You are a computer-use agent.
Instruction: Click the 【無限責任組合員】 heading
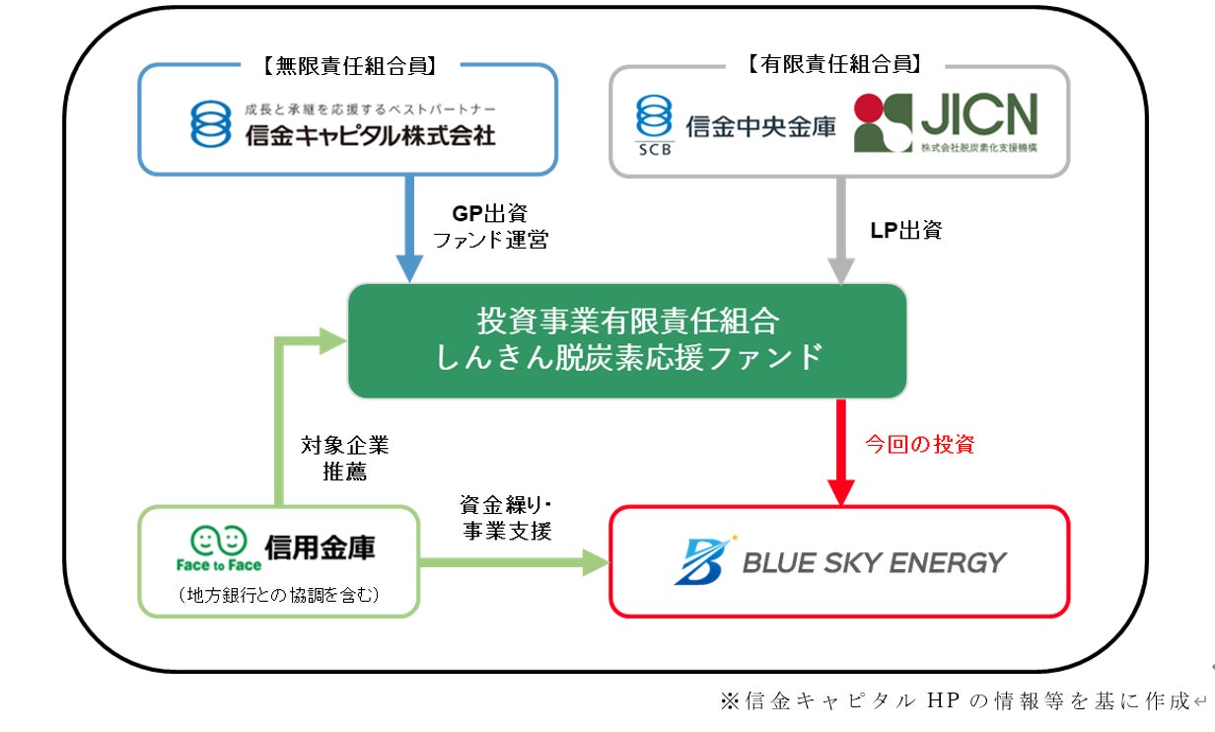[x=350, y=66]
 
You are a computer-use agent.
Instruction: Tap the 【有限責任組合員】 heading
[x=834, y=64]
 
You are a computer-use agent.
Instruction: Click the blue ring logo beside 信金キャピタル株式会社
[x=211, y=123]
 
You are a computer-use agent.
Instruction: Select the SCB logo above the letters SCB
[x=654, y=115]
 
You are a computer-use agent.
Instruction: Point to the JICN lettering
[x=979, y=114]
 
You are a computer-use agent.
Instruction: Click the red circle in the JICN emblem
[x=869, y=108]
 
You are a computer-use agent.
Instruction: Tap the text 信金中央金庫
[x=760, y=126]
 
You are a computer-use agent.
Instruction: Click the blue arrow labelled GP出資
[x=409, y=229]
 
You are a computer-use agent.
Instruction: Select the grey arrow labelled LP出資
[x=840, y=231]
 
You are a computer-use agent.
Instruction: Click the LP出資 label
[x=905, y=230]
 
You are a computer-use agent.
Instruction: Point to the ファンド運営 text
[x=490, y=240]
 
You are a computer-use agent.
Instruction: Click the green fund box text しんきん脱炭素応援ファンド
[x=628, y=357]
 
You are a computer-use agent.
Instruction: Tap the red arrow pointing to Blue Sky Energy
[x=840, y=453]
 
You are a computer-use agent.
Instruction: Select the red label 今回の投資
[x=920, y=444]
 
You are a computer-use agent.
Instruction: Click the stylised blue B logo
[x=703, y=560]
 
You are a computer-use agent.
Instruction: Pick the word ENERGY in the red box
[x=948, y=562]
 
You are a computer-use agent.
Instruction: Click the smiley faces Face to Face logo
[x=219, y=549]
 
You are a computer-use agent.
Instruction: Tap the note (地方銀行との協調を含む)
[x=278, y=595]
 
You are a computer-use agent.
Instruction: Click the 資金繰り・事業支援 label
[x=507, y=518]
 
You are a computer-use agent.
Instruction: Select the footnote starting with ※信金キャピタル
[x=956, y=701]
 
